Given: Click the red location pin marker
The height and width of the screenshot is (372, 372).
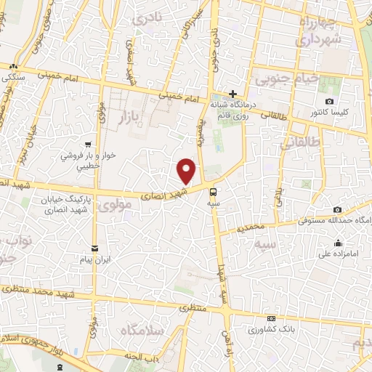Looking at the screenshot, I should [x=187, y=171].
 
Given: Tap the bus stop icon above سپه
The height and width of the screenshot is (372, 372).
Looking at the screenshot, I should [x=213, y=193].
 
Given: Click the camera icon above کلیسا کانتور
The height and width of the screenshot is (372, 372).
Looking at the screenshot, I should [x=330, y=101].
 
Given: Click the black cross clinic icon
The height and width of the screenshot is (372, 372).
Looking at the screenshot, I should [x=232, y=94].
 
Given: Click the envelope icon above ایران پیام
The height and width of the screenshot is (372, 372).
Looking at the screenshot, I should [x=93, y=248].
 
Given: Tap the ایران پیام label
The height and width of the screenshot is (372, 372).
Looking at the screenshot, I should [x=93, y=259].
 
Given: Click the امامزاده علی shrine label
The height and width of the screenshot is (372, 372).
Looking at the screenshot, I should [x=338, y=255].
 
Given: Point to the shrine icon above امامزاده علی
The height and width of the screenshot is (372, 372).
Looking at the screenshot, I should [x=338, y=243].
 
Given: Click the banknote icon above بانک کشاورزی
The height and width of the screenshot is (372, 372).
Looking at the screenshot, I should [x=272, y=318].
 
